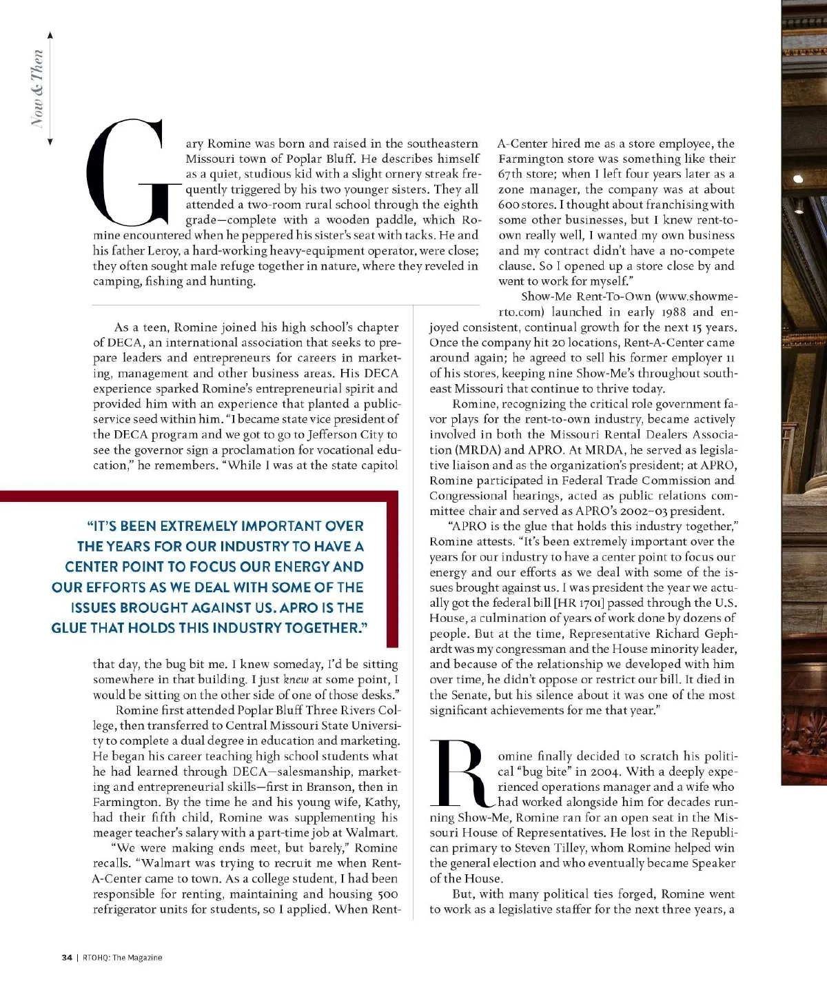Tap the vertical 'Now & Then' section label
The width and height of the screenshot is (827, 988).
[37, 88]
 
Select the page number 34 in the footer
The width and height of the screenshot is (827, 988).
[67, 957]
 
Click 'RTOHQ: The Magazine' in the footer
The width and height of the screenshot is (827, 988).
[123, 957]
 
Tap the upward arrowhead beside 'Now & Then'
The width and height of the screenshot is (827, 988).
[50, 35]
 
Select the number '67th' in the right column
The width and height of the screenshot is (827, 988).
[511, 174]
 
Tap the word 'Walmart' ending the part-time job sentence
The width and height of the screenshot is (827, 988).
[374, 833]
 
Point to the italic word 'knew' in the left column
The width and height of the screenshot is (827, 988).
[296, 680]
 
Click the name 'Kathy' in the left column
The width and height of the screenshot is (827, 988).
[382, 803]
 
